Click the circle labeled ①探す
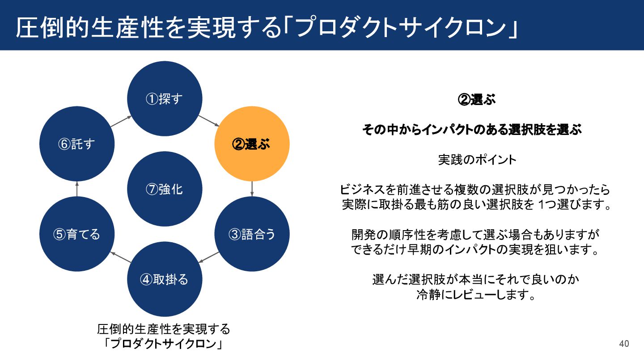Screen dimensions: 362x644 [x=165, y=99]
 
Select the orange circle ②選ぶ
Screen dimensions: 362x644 [x=252, y=144]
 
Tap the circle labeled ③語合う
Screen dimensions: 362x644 [x=252, y=234]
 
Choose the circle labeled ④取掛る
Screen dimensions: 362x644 [x=165, y=279]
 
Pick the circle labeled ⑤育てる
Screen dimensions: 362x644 [x=77, y=234]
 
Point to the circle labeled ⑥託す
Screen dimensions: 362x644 [x=77, y=144]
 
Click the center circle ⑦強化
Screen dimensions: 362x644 [x=165, y=189]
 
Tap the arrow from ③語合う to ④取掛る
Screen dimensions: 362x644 [x=208, y=257]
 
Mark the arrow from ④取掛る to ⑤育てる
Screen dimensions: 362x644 [x=120, y=257]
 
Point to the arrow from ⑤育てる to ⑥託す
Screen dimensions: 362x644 [x=77, y=189]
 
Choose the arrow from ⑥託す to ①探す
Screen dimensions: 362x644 [x=121, y=121]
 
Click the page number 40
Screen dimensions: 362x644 [x=624, y=344]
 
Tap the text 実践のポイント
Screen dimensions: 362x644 [x=477, y=160]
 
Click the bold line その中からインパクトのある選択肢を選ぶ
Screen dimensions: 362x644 [x=472, y=130]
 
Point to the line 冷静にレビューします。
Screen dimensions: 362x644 [x=476, y=295]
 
